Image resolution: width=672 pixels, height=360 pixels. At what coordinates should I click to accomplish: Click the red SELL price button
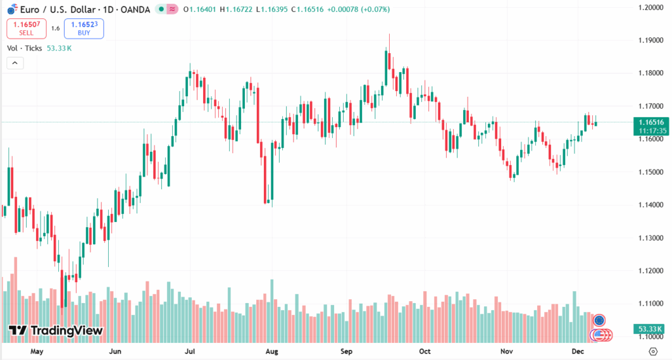26,28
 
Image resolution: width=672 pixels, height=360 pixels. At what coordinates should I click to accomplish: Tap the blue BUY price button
84,28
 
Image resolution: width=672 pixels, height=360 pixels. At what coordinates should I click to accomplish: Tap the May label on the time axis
37,351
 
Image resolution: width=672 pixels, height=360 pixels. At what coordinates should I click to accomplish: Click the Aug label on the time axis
272,351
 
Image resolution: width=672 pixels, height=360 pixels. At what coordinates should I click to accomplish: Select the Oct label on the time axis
426,351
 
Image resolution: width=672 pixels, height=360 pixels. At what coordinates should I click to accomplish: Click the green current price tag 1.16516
650,122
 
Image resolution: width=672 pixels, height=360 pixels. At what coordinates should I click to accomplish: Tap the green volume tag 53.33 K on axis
650,328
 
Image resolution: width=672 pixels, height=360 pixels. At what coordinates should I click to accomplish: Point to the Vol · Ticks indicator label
25,48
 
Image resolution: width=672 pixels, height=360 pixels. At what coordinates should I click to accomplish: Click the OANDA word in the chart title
137,9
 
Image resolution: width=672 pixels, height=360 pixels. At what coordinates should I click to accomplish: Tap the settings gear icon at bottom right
652,352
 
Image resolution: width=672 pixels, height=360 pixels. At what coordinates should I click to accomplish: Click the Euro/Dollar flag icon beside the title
12,9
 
